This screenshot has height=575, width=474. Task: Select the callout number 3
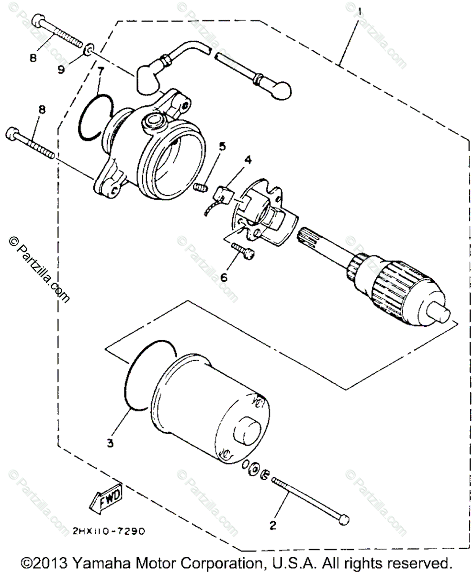(111, 444)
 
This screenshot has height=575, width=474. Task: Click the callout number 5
(221, 147)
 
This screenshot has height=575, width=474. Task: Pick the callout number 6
(224, 276)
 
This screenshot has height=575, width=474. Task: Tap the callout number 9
(61, 69)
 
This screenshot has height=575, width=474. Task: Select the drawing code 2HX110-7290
(108, 531)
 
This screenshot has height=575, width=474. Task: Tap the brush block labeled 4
(224, 194)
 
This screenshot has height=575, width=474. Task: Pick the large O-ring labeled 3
(132, 379)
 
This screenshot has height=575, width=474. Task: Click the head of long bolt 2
(343, 520)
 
